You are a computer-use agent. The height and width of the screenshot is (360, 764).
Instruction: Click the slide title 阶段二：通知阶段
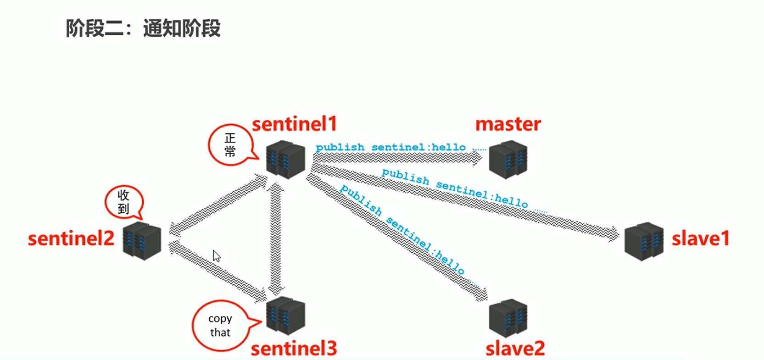click(x=143, y=28)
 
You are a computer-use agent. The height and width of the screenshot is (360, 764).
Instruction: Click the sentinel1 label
click(x=294, y=124)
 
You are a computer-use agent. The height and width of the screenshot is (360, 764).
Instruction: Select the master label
click(x=507, y=124)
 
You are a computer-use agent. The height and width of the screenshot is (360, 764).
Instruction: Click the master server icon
click(x=507, y=159)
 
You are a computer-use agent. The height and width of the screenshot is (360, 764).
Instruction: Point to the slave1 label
click(x=700, y=238)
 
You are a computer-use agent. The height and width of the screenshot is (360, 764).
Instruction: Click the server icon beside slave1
click(x=643, y=241)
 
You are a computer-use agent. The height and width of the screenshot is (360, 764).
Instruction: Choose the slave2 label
click(x=515, y=349)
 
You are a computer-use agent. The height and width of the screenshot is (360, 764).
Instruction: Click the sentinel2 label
click(x=71, y=238)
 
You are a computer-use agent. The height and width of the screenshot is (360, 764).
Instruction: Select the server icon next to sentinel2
click(x=142, y=241)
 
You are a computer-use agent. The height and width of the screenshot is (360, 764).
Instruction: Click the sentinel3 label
click(x=294, y=349)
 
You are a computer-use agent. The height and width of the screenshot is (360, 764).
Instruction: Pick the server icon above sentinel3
click(x=285, y=316)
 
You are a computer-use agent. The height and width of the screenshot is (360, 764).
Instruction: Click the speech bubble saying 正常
click(x=229, y=145)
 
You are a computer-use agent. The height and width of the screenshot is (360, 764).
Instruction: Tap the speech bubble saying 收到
click(x=123, y=202)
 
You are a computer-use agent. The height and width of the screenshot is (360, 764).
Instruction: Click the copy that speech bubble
click(x=220, y=325)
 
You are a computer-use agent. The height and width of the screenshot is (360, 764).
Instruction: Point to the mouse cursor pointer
click(x=216, y=255)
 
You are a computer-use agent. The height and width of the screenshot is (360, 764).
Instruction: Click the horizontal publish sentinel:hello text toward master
click(x=390, y=147)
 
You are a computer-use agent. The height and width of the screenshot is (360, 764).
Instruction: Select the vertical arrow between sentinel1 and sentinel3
click(x=276, y=238)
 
